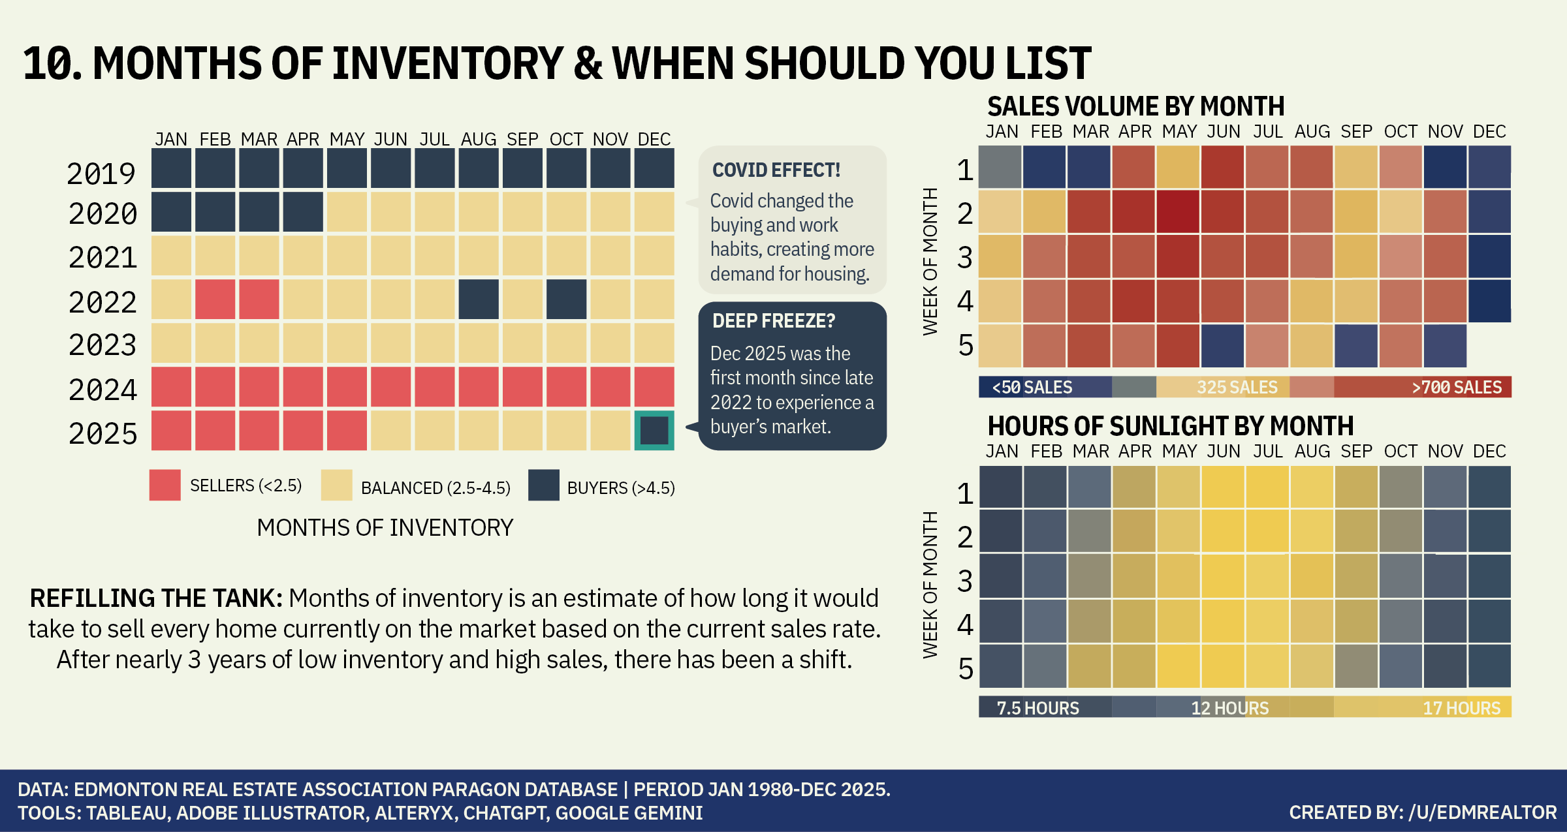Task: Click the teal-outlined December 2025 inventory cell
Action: point(654,430)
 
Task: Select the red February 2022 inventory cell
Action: point(215,300)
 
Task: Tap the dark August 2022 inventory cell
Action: point(479,300)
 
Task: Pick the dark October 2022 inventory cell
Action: point(566,300)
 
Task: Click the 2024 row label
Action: point(103,390)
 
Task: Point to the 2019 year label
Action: point(101,174)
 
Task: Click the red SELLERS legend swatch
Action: point(165,485)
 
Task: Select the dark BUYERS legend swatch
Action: point(543,485)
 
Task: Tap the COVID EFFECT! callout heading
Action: point(776,170)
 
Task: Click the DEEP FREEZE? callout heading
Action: point(774,321)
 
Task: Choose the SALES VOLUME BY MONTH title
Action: point(1135,106)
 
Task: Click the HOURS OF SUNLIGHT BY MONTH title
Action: point(1170,426)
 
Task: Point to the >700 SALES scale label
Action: point(1457,388)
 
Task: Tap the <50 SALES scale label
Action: point(1032,388)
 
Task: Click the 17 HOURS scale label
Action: point(1461,708)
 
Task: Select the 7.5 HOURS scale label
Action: point(1037,708)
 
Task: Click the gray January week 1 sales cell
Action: point(1000,167)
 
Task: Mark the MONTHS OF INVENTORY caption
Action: point(385,527)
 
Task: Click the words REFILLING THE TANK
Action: point(156,598)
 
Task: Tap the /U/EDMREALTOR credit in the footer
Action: point(1482,812)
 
